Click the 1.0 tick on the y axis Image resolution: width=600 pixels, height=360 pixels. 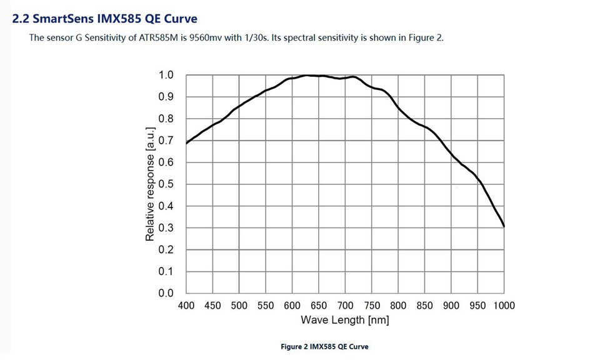(166, 75)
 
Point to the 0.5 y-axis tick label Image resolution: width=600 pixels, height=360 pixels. (166, 184)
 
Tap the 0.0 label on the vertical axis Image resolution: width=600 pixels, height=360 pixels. (166, 293)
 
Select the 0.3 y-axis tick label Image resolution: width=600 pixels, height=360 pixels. (166, 228)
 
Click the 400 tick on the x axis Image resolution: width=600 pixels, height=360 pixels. (186, 306)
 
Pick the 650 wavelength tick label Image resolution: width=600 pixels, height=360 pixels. (319, 306)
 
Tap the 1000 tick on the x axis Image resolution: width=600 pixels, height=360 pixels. (503, 306)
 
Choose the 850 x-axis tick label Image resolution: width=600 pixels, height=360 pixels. (425, 306)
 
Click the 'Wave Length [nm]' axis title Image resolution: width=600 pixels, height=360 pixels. (345, 320)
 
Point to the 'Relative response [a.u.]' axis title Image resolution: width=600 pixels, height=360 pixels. (150, 184)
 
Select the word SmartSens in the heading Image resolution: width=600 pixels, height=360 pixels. (60, 19)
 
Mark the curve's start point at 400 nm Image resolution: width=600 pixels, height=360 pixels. (187, 143)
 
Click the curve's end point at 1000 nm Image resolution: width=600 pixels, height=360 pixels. (504, 226)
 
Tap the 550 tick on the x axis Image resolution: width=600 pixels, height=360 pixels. (266, 306)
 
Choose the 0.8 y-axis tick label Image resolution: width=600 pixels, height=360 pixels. (166, 119)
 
